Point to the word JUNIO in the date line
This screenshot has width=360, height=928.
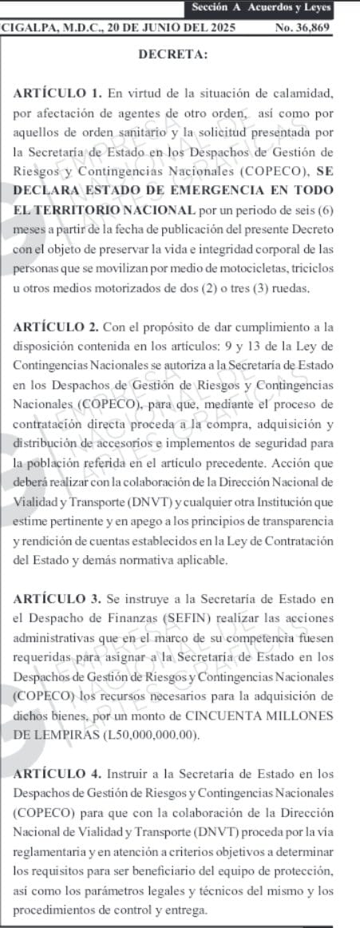coord(129,26)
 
